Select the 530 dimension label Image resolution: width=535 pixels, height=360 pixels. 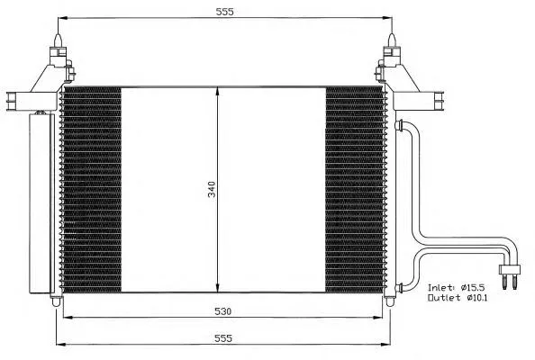coord(224,311)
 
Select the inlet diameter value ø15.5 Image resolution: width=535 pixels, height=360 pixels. coord(477,283)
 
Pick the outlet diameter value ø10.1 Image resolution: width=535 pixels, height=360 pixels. coord(477,296)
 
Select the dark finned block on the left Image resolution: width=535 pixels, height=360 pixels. coord(91,189)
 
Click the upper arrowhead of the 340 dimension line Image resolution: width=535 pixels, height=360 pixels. coord(217,91)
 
